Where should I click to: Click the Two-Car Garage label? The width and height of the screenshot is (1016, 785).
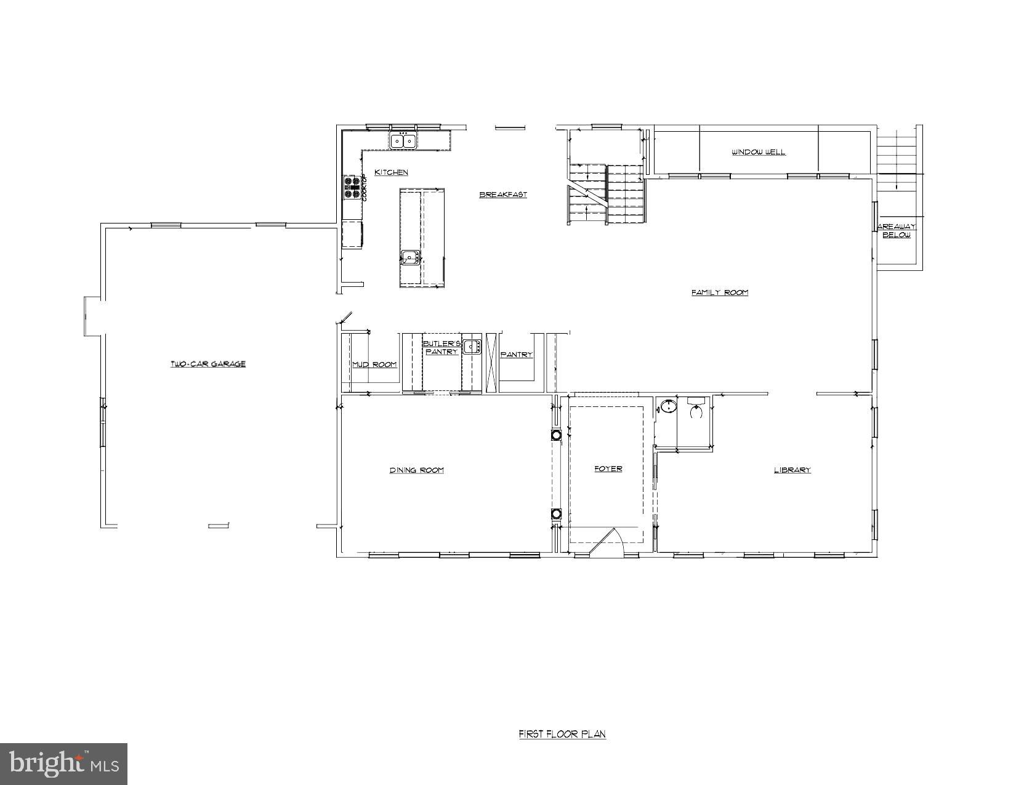(208, 364)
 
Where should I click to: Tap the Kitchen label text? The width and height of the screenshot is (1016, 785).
(391, 172)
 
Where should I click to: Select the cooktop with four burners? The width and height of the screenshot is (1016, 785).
(352, 188)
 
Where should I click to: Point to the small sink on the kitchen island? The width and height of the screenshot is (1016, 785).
(409, 257)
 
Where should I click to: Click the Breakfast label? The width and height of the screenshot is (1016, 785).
(503, 195)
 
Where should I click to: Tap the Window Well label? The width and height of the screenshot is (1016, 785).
(758, 152)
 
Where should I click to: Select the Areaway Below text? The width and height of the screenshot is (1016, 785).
(897, 231)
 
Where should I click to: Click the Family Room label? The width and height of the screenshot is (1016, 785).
(719, 292)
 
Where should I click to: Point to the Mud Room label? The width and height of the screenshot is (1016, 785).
(374, 364)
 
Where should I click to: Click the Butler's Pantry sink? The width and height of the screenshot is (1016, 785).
(472, 346)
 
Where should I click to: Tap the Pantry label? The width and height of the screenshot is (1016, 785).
(516, 355)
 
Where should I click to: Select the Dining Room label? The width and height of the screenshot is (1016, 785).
(416, 470)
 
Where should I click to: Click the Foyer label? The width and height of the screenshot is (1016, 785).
(608, 469)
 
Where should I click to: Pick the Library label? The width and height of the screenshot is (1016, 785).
(792, 470)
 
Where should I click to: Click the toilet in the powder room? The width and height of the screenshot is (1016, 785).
(696, 408)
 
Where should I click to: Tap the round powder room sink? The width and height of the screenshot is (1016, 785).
(667, 407)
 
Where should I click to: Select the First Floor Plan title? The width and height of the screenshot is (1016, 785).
(562, 734)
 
